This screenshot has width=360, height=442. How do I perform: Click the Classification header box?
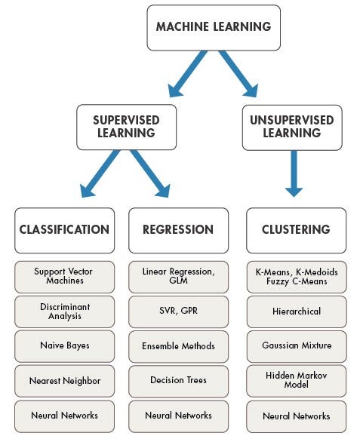coord(64,230)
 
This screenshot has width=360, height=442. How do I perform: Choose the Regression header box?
coord(178,230)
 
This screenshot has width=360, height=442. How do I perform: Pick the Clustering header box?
coord(297,230)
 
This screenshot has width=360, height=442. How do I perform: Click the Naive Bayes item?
coord(64,345)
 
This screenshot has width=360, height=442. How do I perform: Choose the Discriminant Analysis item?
coord(64,311)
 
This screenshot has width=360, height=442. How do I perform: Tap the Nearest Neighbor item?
coord(64,380)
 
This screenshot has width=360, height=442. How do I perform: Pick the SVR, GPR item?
coord(178,311)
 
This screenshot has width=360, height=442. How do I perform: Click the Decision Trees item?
coord(178,380)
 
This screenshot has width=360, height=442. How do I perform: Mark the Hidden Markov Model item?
coord(297,380)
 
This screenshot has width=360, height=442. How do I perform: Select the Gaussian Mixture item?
coord(297,345)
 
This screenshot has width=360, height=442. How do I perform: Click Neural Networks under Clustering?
coord(297,416)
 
